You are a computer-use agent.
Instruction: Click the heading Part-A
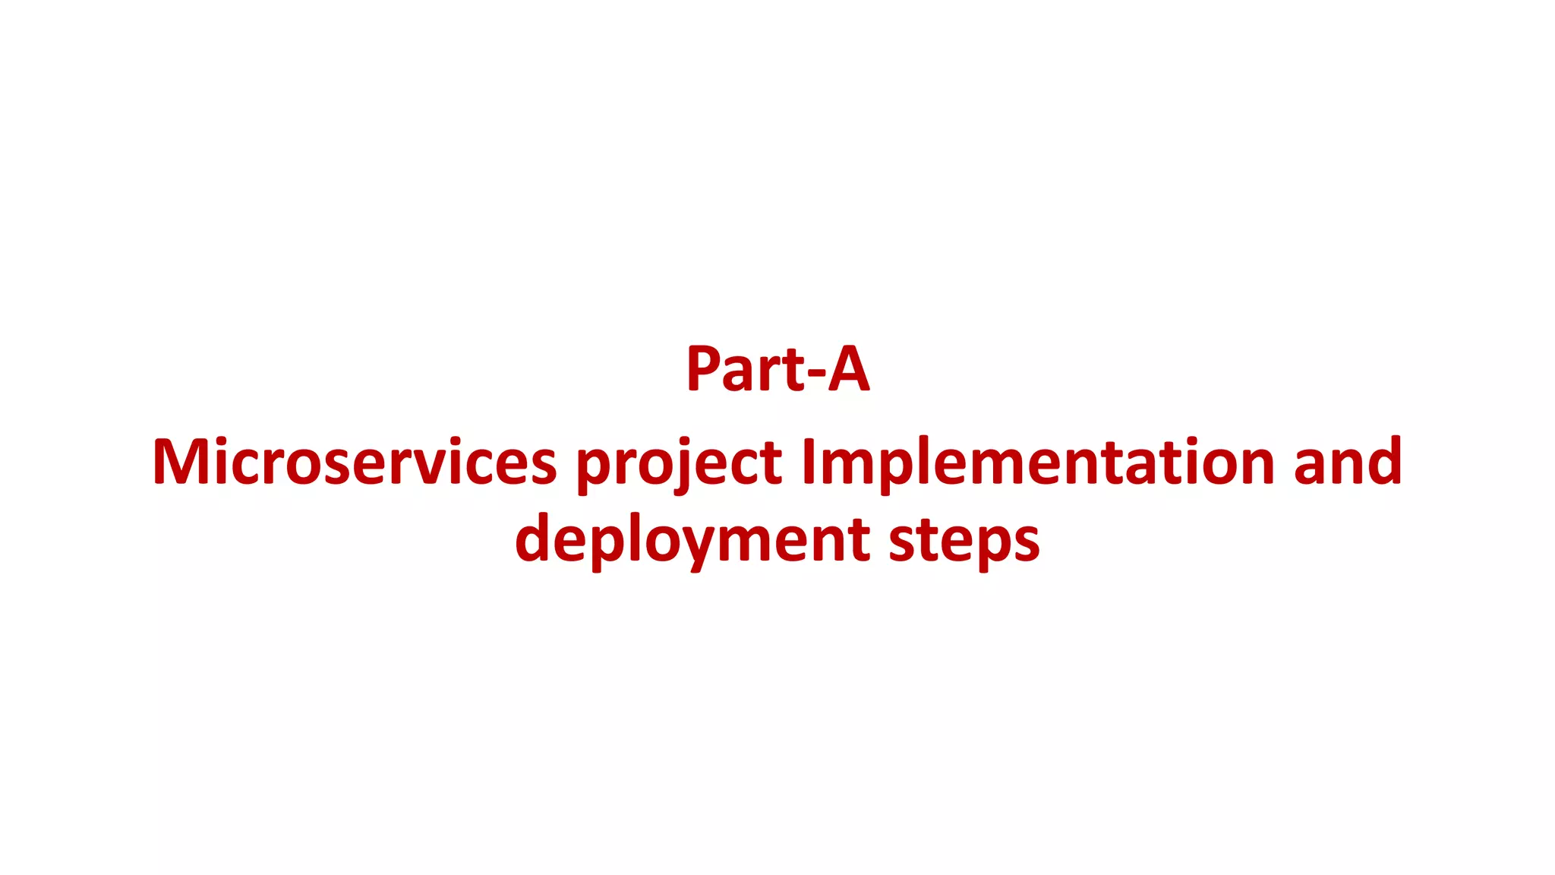click(x=777, y=369)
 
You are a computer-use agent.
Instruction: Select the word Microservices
click(x=355, y=462)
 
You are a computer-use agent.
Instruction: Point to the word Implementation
click(x=1038, y=462)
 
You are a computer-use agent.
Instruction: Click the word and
click(x=1348, y=462)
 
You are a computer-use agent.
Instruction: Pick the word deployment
click(x=692, y=539)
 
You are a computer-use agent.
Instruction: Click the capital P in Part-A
click(x=703, y=369)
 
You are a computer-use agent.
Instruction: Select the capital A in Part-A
click(x=848, y=369)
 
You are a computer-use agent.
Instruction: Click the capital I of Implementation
click(x=809, y=462)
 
